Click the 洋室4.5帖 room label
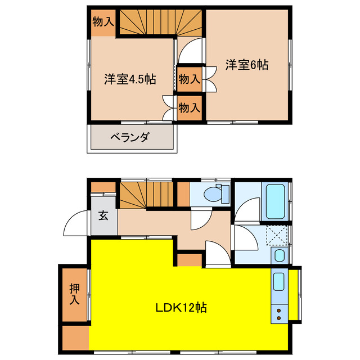coord(129,79)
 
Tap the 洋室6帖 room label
coord(247,65)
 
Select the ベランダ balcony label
coord(129,137)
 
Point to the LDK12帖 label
coord(181,308)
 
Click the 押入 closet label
coord(75,294)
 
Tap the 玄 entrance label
coord(104,215)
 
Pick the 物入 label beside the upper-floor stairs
coord(103,22)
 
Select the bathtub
coord(275,202)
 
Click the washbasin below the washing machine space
coord(279,255)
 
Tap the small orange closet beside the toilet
coord(183,194)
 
